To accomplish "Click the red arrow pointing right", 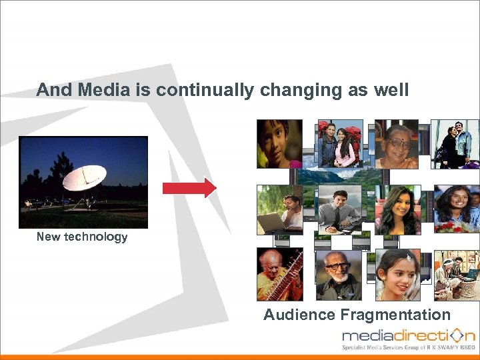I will coord(189,188).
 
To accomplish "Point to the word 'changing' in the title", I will coord(291,90).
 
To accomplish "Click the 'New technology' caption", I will coord(81,237).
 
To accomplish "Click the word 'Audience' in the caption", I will coord(299,315).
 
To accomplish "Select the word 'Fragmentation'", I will coord(395,315).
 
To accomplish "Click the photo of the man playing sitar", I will coord(279,274).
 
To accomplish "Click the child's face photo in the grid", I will coord(279,144).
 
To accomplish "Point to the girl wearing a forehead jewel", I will coord(397,274).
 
